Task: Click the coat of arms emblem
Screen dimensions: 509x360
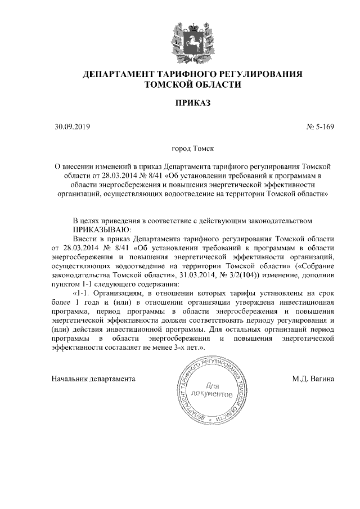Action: coord(180,39)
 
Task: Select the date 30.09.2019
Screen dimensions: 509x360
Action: coord(69,127)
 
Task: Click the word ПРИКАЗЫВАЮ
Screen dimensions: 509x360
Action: coord(102,229)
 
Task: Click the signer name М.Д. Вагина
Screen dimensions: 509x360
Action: coord(313,379)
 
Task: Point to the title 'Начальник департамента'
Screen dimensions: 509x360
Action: coord(94,379)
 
